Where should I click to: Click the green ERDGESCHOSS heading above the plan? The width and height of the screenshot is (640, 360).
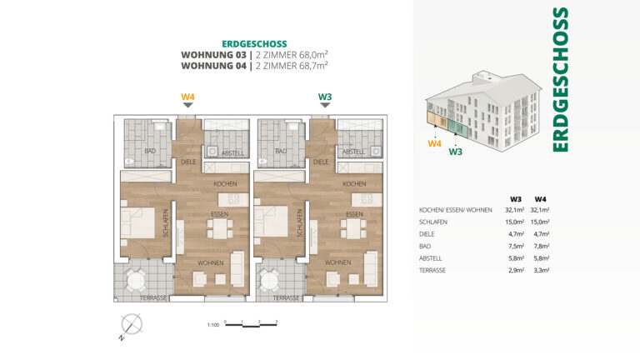point(254,43)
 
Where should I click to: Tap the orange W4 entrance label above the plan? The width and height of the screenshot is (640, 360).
point(187,97)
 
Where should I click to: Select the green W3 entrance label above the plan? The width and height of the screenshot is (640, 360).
point(325,97)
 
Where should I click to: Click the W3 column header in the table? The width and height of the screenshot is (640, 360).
point(516,198)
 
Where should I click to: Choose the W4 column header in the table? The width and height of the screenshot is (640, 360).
point(540,198)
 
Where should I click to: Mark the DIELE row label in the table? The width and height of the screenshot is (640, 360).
point(427,235)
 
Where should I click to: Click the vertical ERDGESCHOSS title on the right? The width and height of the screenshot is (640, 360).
point(561,80)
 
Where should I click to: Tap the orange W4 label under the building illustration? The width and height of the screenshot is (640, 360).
point(434,143)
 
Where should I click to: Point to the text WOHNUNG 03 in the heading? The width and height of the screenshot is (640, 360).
point(208,54)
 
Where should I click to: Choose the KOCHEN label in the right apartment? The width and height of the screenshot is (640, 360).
point(354,183)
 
